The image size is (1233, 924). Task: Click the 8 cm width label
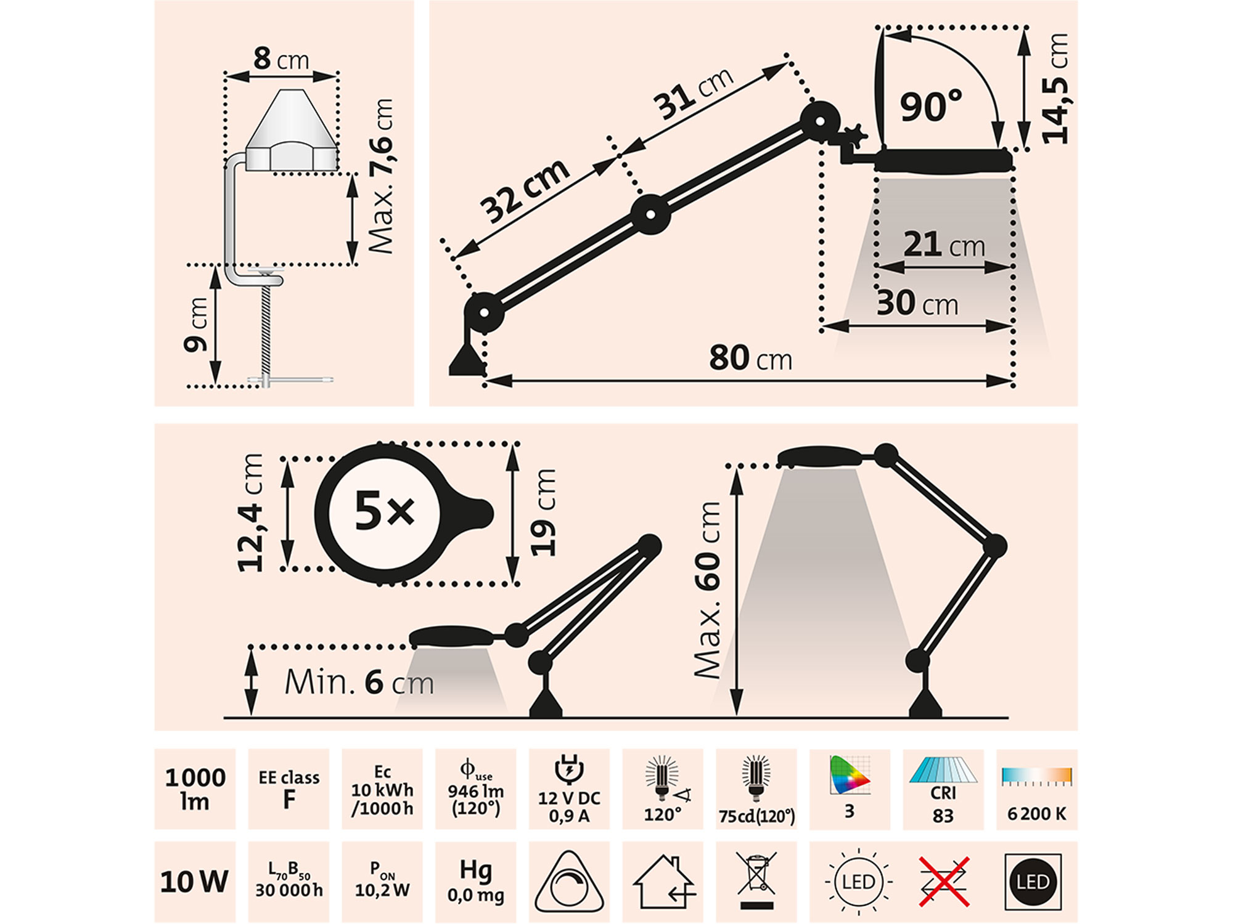coord(281,59)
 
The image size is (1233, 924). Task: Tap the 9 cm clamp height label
coord(197,325)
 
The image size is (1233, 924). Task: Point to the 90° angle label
coord(930,106)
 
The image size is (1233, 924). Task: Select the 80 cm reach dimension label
coord(750,357)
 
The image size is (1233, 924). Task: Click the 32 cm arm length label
coord(525,190)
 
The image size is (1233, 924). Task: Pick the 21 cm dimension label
coord(944,244)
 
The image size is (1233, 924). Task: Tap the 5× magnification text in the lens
coord(384,511)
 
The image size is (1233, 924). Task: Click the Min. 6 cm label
coord(359,683)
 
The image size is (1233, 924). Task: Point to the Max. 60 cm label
coord(707,590)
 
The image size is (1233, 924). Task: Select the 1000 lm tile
coord(195,789)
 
